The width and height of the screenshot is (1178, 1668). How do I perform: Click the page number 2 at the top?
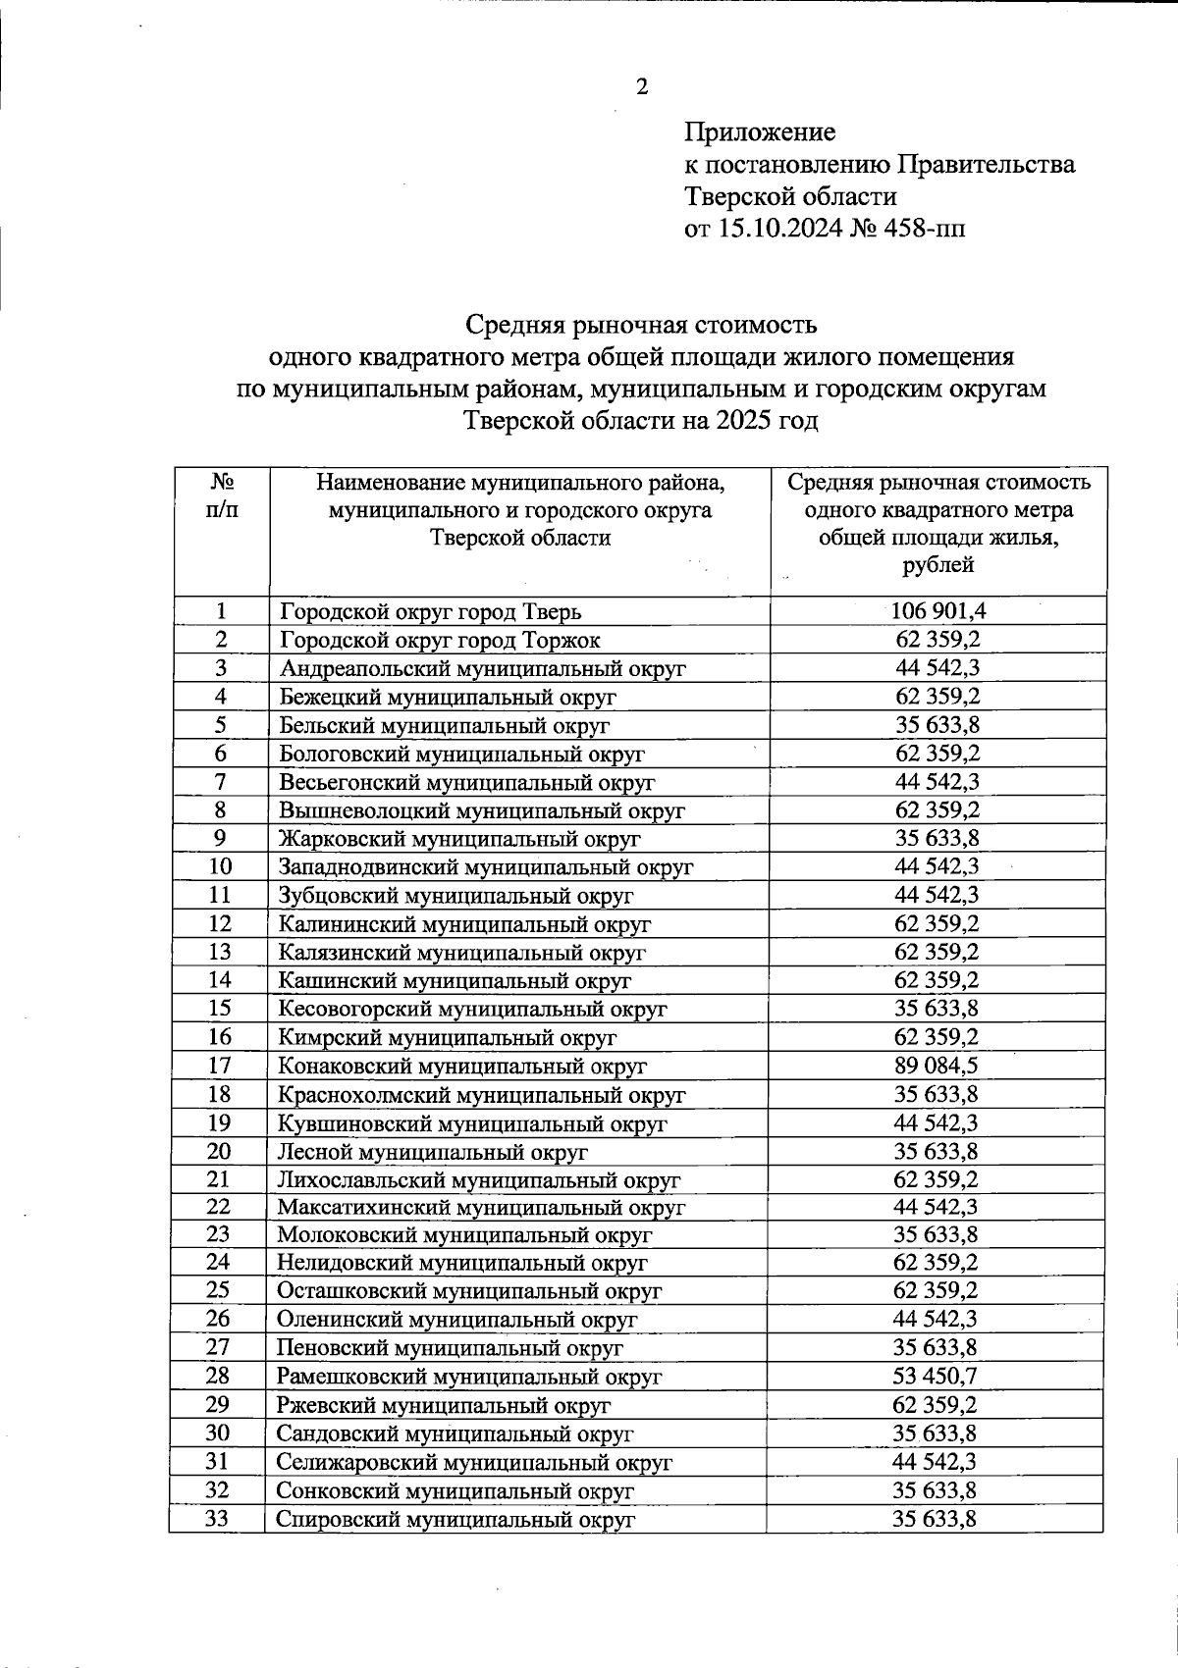[x=642, y=87]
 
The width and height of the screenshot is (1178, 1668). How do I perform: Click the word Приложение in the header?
[x=760, y=131]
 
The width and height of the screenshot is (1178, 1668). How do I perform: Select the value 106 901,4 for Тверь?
[x=937, y=611]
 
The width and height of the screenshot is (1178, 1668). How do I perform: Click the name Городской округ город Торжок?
[x=440, y=641]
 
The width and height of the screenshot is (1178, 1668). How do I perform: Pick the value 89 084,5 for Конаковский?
[x=937, y=1066]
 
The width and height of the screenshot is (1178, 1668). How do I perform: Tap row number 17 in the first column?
[x=220, y=1066]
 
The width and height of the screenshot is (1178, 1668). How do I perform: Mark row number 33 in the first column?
[x=217, y=1519]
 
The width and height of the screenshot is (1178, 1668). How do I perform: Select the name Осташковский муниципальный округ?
[x=469, y=1292]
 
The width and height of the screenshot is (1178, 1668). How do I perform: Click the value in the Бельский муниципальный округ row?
[x=937, y=725]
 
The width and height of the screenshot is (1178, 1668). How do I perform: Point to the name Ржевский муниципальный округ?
[x=444, y=1406]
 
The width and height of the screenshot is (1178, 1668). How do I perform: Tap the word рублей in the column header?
[x=937, y=565]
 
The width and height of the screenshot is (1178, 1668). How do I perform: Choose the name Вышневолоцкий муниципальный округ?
[x=482, y=810]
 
